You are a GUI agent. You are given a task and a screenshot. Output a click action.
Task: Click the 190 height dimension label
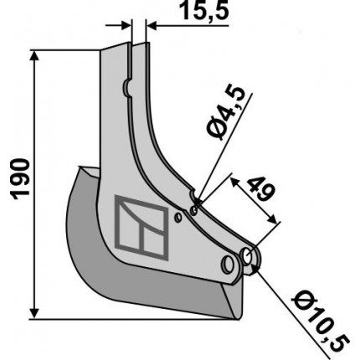[x=21, y=179]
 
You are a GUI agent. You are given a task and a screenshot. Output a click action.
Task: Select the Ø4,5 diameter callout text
[x=226, y=114]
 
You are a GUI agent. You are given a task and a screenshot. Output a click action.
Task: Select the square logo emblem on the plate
[x=141, y=227]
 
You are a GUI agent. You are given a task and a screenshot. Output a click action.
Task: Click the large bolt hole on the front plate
[x=228, y=264]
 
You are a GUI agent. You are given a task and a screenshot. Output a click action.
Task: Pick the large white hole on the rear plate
[x=247, y=255]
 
